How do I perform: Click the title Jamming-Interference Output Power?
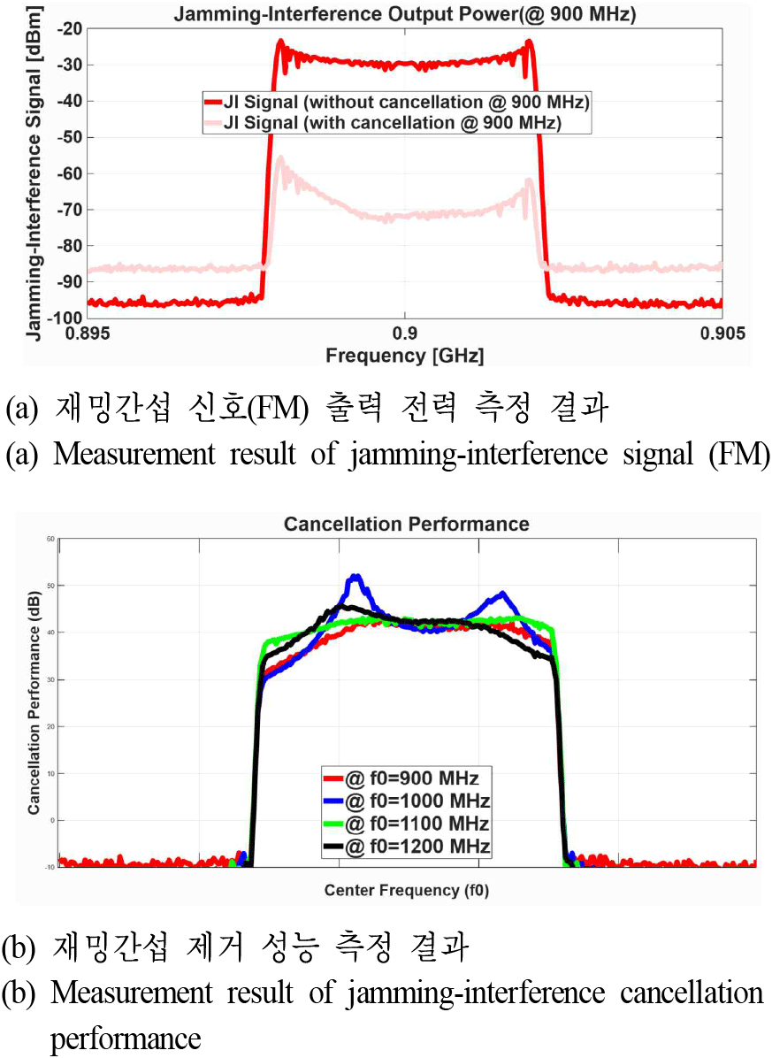click(403, 14)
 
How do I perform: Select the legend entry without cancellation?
click(395, 102)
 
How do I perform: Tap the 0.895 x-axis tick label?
click(92, 333)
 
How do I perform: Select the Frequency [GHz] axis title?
click(404, 356)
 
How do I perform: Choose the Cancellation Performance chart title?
click(406, 525)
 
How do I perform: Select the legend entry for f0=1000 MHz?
click(406, 801)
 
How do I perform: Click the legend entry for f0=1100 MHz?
click(406, 824)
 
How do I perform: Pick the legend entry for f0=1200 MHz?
click(406, 847)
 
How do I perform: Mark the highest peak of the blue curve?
click(355, 576)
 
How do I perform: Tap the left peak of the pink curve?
click(280, 158)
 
